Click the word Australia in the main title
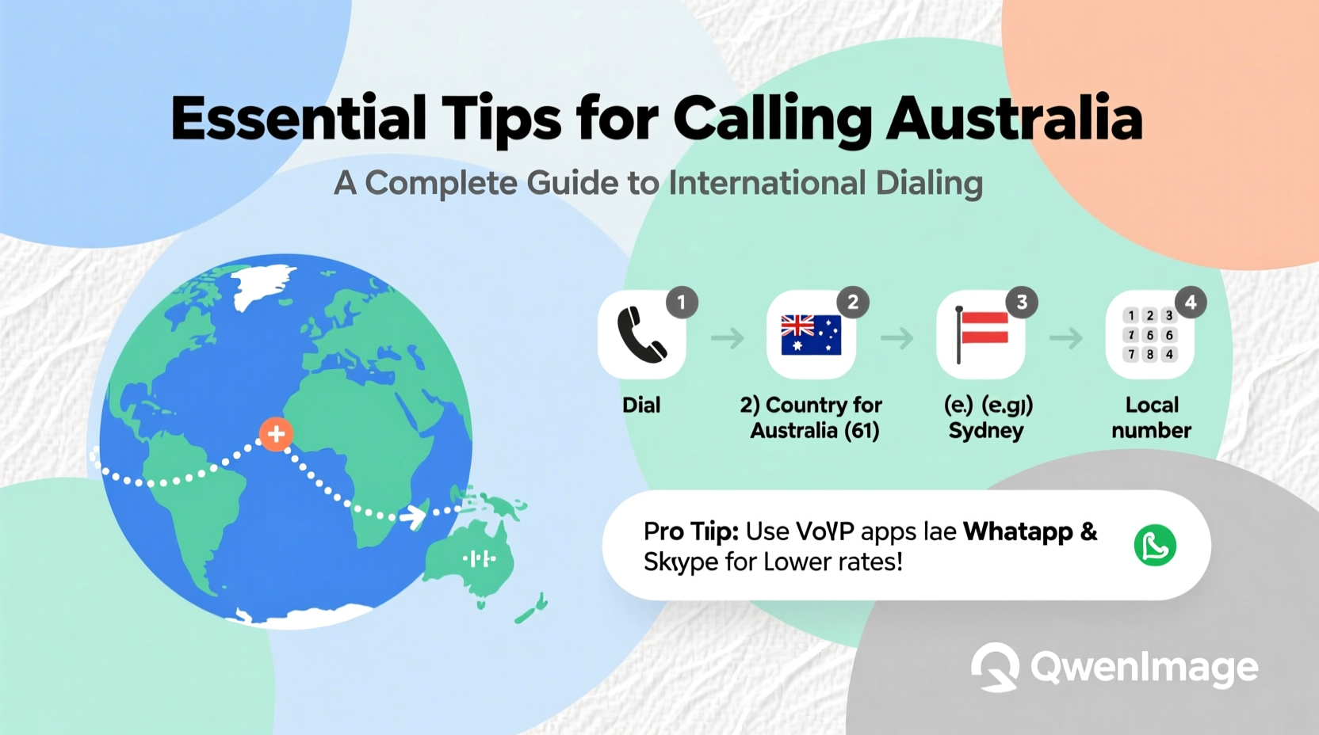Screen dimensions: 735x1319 click(1014, 119)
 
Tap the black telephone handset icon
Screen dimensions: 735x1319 click(641, 335)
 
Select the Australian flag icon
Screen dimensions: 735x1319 click(811, 335)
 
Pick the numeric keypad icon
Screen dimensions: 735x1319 click(1149, 335)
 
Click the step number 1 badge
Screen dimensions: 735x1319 click(681, 302)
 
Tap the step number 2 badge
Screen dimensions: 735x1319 click(853, 302)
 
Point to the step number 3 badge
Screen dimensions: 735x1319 click(1022, 302)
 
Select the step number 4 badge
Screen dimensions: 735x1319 click(1191, 302)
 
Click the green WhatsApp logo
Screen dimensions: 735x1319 click(1155, 545)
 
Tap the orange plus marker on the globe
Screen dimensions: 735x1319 click(276, 434)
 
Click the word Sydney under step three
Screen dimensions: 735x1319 click(986, 431)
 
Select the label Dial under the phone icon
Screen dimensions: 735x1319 click(641, 406)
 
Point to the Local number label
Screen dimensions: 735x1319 click(1152, 417)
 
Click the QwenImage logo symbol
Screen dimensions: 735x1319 click(996, 667)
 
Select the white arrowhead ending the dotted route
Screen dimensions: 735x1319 click(413, 517)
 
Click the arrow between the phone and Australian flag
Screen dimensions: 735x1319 click(727, 339)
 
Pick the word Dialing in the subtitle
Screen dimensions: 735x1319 click(929, 183)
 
